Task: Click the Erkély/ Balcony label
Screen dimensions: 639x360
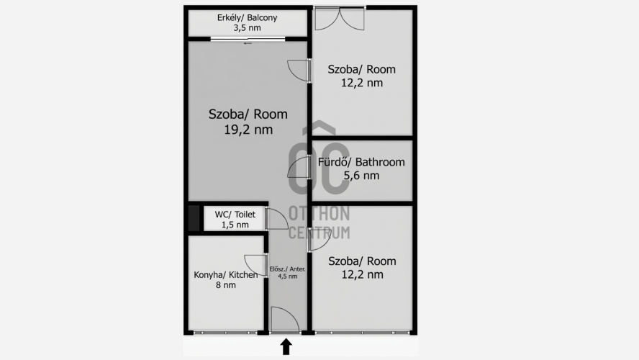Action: click(247, 17)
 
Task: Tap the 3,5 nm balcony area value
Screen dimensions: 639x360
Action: click(247, 28)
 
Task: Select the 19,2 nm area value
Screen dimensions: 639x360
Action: click(248, 130)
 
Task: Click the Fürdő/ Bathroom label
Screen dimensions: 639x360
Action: click(361, 162)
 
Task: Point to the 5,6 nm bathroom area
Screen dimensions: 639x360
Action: click(361, 175)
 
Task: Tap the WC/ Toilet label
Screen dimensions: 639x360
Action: click(235, 215)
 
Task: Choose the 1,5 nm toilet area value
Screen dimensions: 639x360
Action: click(235, 225)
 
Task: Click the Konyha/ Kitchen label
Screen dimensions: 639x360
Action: click(226, 275)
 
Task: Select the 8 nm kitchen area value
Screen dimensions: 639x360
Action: click(226, 285)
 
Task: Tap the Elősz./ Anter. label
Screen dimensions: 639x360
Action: click(287, 269)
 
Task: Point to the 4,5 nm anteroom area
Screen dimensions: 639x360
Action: click(287, 276)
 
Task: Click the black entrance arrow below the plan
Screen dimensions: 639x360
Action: click(286, 346)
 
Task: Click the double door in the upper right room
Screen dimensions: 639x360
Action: click(340, 19)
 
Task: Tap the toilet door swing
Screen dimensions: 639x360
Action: click(278, 219)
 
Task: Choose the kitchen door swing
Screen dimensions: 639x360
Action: click(256, 266)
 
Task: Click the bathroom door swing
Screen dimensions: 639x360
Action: click(299, 167)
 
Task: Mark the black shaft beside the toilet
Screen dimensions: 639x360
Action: click(194, 219)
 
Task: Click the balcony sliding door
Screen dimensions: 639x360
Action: click(248, 40)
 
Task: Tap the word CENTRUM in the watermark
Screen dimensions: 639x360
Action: click(319, 233)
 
